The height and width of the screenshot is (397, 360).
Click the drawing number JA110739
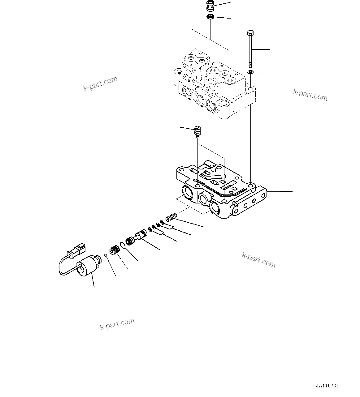point(327,386)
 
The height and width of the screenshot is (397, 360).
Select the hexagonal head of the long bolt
point(250,32)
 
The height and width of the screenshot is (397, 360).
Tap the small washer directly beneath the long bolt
point(250,72)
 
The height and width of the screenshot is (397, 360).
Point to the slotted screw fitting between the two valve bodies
point(197,131)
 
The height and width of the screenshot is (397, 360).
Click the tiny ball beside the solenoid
point(106,255)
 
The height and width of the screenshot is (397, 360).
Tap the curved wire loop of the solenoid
point(62,266)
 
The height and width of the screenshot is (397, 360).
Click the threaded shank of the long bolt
point(250,51)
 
